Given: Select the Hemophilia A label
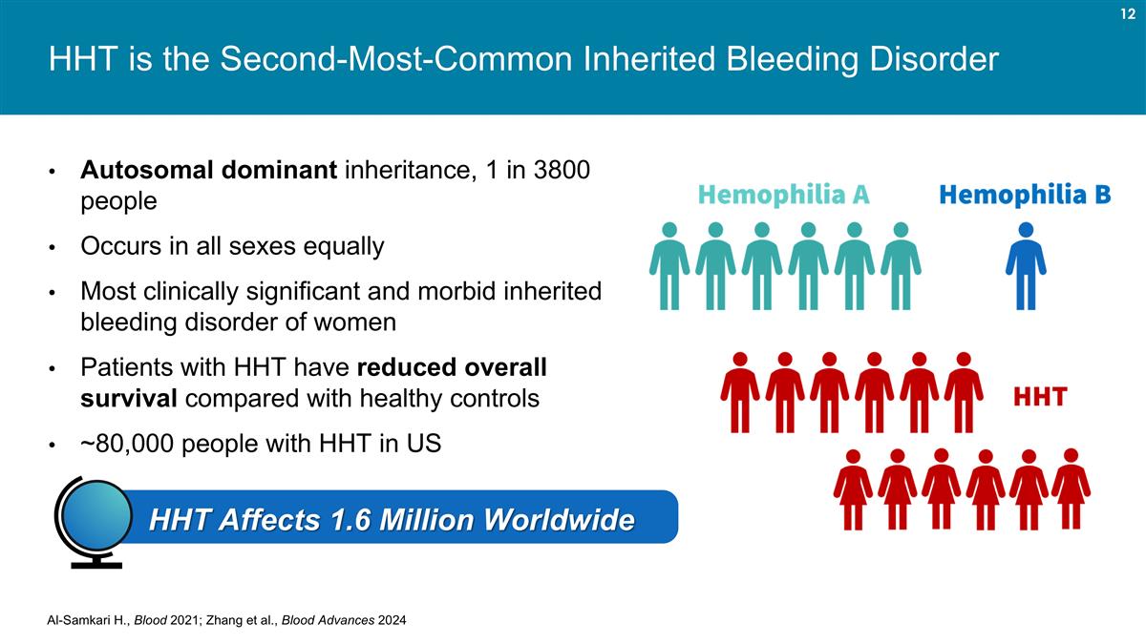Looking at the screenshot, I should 783,195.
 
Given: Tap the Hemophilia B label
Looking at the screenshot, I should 1025,195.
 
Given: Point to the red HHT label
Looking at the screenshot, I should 1039,397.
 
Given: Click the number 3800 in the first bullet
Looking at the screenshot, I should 560,171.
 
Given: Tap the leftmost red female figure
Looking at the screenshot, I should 853,489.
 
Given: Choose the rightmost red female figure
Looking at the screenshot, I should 1071,489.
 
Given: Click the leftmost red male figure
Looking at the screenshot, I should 739,392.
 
